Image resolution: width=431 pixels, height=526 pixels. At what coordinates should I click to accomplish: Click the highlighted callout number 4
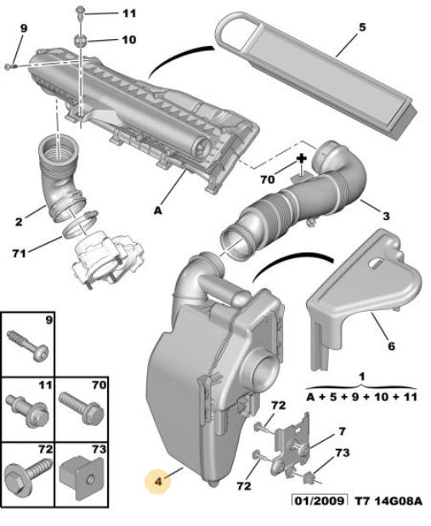click(x=158, y=482)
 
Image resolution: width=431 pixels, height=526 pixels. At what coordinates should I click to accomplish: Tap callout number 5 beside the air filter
click(x=362, y=27)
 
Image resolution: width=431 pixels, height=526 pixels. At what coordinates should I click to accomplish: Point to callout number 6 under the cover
click(x=391, y=346)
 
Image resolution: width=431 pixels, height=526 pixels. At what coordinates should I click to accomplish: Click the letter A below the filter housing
click(x=158, y=211)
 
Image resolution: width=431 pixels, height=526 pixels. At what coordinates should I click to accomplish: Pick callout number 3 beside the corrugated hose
click(x=386, y=216)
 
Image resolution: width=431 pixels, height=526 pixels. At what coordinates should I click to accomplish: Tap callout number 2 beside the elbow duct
click(x=19, y=222)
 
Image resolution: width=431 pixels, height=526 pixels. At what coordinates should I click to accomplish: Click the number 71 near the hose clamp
click(x=20, y=253)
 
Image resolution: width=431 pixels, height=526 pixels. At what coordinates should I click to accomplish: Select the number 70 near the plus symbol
click(x=268, y=180)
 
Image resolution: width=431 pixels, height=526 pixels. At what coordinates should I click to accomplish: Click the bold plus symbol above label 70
click(x=302, y=158)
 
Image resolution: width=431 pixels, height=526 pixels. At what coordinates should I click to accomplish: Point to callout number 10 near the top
click(x=129, y=40)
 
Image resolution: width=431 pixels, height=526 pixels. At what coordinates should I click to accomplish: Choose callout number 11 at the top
click(x=129, y=14)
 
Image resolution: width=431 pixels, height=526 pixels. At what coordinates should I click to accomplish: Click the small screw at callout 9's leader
click(x=9, y=67)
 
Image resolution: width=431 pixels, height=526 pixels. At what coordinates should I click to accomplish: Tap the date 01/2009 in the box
click(x=319, y=501)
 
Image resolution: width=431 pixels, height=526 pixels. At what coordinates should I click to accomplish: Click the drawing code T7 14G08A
click(x=388, y=501)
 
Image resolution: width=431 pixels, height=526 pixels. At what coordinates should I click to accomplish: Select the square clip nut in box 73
click(x=82, y=477)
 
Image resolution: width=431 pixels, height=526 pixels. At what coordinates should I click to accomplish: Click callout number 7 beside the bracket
click(x=342, y=431)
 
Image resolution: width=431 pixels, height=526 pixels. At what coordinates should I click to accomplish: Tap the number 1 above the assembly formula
click(x=361, y=377)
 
